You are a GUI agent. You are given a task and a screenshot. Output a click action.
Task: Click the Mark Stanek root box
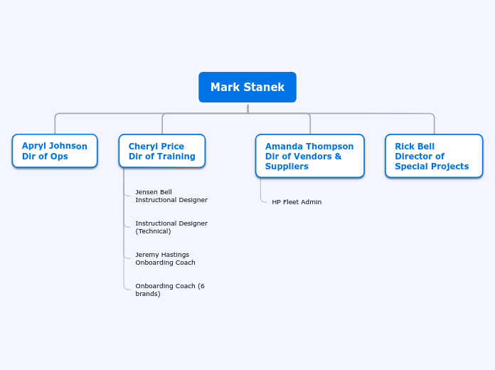pyautogui.click(x=247, y=88)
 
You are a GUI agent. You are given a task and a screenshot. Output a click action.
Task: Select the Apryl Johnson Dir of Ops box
pyautogui.click(x=55, y=151)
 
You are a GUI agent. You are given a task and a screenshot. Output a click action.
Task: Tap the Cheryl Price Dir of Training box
pyautogui.click(x=162, y=151)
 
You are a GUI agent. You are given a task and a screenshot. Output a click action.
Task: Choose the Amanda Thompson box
pyautogui.click(x=309, y=156)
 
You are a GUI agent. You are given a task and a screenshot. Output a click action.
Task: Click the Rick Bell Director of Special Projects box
pyautogui.click(x=434, y=156)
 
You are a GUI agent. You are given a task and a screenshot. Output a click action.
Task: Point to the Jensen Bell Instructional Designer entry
pyautogui.click(x=171, y=196)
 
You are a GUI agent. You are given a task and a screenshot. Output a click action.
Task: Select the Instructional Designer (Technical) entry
pyautogui.click(x=171, y=227)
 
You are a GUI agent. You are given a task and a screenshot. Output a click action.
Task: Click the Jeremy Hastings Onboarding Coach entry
pyautogui.click(x=165, y=258)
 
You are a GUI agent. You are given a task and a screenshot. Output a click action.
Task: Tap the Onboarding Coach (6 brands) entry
pyautogui.click(x=169, y=290)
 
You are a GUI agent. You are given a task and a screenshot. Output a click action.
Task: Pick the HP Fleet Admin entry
pyautogui.click(x=297, y=202)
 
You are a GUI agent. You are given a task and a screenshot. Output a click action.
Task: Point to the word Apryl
pyautogui.click(x=33, y=147)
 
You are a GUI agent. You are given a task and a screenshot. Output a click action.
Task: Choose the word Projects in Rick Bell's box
pyautogui.click(x=450, y=166)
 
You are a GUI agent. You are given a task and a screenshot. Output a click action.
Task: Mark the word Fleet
pyautogui.click(x=292, y=202)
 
